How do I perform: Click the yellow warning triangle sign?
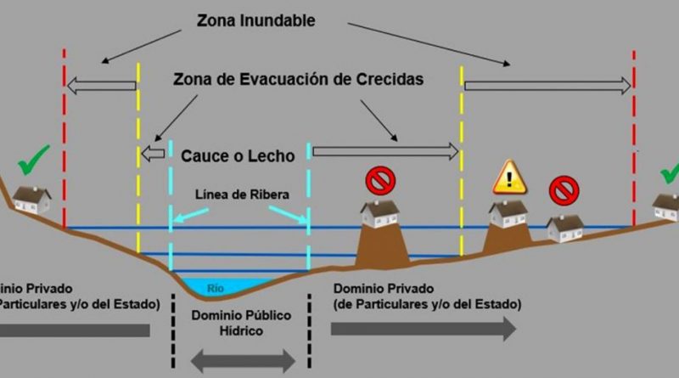[x=510, y=178]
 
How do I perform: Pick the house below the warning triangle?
[x=508, y=213]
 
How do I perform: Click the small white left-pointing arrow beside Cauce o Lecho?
[x=154, y=154]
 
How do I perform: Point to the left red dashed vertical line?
[x=65, y=136]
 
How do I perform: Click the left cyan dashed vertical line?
[x=171, y=204]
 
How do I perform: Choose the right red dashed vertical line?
[x=634, y=136]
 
